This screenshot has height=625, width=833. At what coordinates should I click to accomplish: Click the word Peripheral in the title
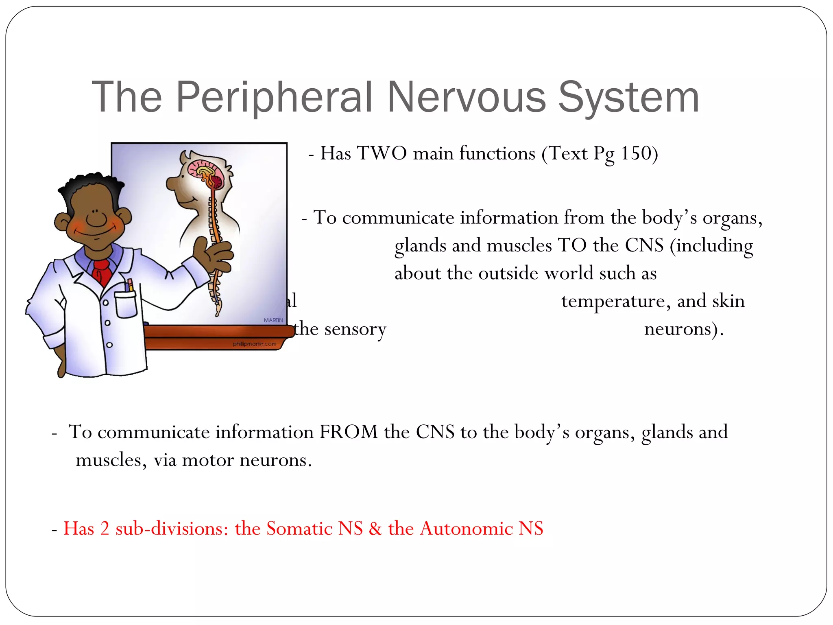[275, 98]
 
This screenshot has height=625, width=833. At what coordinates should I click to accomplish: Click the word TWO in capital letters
[382, 154]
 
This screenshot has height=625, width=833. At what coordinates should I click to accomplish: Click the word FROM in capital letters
[349, 432]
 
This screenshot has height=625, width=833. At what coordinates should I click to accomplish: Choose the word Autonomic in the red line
[466, 529]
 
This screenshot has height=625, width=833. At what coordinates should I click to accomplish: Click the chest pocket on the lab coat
[126, 304]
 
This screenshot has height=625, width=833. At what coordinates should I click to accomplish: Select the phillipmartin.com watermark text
[254, 344]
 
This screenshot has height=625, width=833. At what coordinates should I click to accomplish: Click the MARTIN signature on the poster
[273, 320]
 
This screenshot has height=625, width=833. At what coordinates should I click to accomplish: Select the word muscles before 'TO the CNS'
[519, 246]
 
